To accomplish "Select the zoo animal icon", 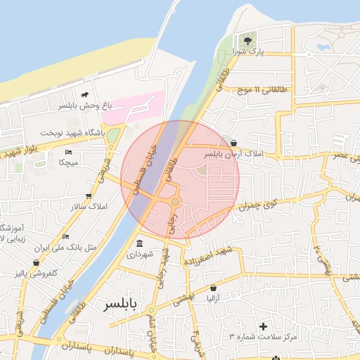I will pos(85,95).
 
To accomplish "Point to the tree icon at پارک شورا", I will pos(247,40).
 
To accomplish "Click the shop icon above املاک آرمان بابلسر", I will pos(233,142).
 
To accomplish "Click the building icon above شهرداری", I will pos(139,244).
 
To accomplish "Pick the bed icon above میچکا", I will pos(68,152).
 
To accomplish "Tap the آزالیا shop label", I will pos(213,299).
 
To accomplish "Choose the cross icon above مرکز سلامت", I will pos(264,326).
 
